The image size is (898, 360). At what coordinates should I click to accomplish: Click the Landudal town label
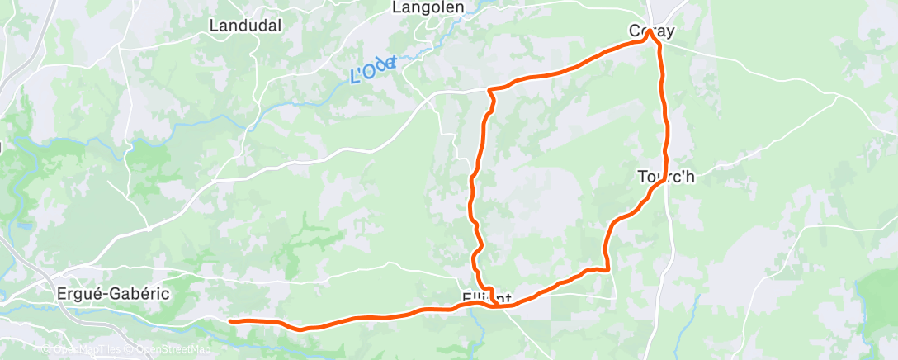pyautogui.click(x=245, y=26)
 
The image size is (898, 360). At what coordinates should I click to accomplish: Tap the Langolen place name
pyautogui.click(x=428, y=7)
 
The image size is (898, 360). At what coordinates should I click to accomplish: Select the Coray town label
pyautogui.click(x=652, y=32)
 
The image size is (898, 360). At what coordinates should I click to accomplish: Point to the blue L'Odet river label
pyautogui.click(x=374, y=69)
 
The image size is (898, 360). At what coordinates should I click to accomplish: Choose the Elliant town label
pyautogui.click(x=487, y=297)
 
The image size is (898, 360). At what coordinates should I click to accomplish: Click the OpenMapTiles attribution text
pyautogui.click(x=83, y=349)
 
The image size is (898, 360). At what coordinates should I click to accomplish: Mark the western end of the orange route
pyautogui.click(x=231, y=320)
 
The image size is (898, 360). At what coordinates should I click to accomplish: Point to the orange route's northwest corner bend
pyautogui.click(x=490, y=89)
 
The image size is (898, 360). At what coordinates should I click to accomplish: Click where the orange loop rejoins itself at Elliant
pyautogui.click(x=494, y=306)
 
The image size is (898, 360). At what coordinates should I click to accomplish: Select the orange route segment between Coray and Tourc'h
pyautogui.click(x=665, y=116)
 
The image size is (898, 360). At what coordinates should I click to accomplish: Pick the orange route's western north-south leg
pyautogui.click(x=473, y=198)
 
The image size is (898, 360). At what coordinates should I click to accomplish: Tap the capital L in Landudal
pyautogui.click(x=214, y=26)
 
